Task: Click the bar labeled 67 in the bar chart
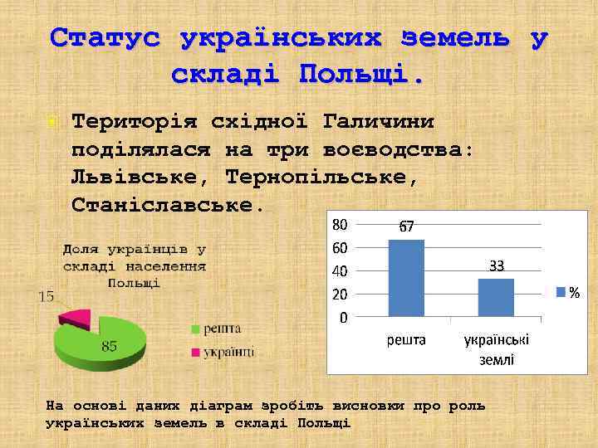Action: click(406, 278)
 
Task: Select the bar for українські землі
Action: click(496, 297)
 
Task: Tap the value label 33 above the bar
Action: click(497, 266)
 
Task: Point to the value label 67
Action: click(406, 226)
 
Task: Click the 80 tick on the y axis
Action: click(340, 224)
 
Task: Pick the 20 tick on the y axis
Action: click(340, 294)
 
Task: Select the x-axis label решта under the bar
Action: click(406, 340)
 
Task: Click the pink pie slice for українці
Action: click(76, 316)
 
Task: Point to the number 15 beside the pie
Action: click(47, 296)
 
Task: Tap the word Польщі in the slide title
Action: click(361, 74)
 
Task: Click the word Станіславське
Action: click(167, 202)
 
